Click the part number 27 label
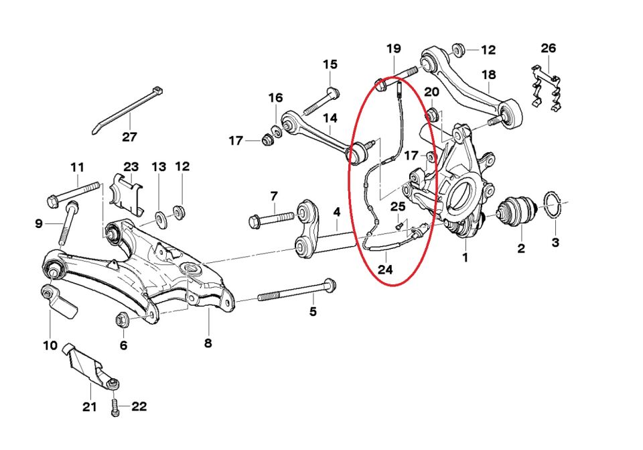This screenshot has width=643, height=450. click(129, 137)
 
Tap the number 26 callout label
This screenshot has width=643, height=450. click(549, 48)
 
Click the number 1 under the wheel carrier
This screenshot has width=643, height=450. click(465, 256)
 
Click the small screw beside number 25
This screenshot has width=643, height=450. click(400, 226)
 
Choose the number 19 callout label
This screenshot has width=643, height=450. click(393, 48)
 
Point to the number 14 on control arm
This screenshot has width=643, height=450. click(331, 119)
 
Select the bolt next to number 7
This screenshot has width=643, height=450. click(271, 219)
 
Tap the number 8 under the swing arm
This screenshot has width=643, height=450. click(208, 343)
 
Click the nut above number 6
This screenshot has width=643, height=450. click(123, 319)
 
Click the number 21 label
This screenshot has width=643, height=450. click(89, 406)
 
